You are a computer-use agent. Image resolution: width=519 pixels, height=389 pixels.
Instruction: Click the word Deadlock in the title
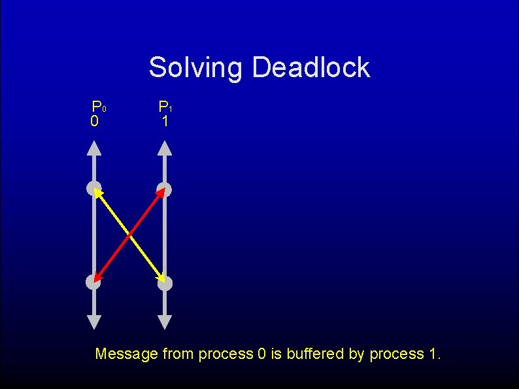coord(310,67)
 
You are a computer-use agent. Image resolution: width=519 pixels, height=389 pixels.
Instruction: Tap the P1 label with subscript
coord(165,107)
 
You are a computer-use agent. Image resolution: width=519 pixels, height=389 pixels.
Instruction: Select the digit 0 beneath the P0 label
coord(95,122)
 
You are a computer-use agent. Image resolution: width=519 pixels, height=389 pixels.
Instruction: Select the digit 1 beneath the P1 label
coord(165,122)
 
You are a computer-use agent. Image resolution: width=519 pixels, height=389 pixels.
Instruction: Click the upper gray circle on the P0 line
coord(93,189)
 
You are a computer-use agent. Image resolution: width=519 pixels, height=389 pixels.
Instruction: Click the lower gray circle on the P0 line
coord(93,282)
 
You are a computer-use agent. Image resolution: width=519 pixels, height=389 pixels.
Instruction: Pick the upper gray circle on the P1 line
coord(165,190)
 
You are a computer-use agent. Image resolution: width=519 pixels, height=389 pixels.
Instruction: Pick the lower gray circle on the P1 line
coord(165,283)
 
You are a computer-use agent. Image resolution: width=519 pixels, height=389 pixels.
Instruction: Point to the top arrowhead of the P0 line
coord(94,148)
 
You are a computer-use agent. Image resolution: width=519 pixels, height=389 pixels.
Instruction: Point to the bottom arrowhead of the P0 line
coord(94,322)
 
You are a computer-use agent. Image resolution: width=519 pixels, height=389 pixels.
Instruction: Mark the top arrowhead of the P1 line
coord(165,148)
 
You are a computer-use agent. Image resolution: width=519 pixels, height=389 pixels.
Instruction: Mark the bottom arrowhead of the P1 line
coord(165,322)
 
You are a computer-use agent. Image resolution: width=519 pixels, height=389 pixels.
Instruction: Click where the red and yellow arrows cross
coord(129,235)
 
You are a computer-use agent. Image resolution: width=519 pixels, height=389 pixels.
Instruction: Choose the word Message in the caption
coord(126,354)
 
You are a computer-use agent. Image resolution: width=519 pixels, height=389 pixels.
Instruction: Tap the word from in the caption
coord(178,354)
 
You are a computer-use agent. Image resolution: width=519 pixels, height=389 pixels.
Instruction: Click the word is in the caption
coord(276,354)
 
